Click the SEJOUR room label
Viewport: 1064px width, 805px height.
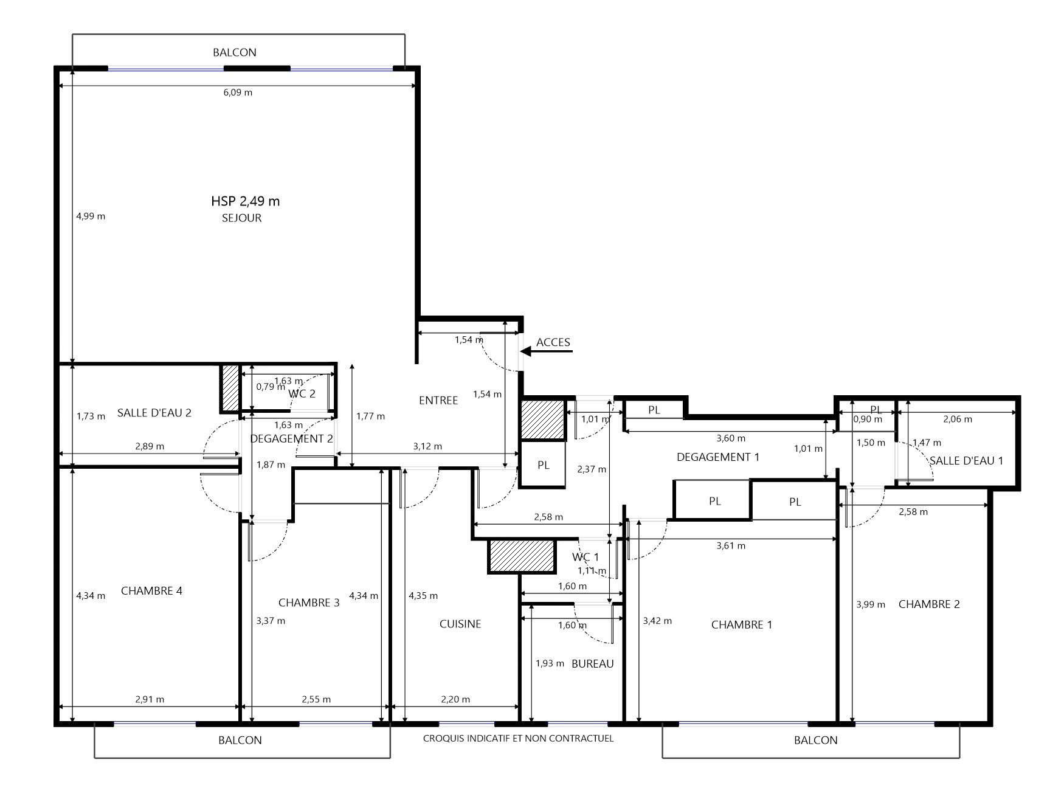coord(241,218)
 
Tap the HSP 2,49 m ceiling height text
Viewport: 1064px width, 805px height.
coord(246,201)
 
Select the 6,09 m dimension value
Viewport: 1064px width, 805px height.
coord(238,92)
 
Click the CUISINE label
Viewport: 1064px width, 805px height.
coord(460,624)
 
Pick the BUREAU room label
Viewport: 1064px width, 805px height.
coord(593,663)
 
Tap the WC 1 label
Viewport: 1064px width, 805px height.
coord(586,557)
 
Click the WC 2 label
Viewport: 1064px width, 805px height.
coord(302,393)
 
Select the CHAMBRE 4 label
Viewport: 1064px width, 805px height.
coord(151,590)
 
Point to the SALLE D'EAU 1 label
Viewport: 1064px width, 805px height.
coord(967,461)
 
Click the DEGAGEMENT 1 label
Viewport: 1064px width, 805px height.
coord(718,457)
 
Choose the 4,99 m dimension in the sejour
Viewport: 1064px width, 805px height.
coord(91,216)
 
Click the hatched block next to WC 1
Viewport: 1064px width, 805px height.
coord(522,556)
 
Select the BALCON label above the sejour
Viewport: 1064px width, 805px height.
coord(235,52)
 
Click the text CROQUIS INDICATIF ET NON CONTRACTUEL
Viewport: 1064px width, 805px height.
coord(518,738)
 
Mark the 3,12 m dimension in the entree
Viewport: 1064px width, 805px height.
coord(427,446)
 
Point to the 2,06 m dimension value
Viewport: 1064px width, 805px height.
coord(958,419)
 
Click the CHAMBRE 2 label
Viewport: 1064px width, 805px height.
coord(929,604)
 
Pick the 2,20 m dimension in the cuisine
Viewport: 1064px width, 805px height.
coord(455,699)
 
